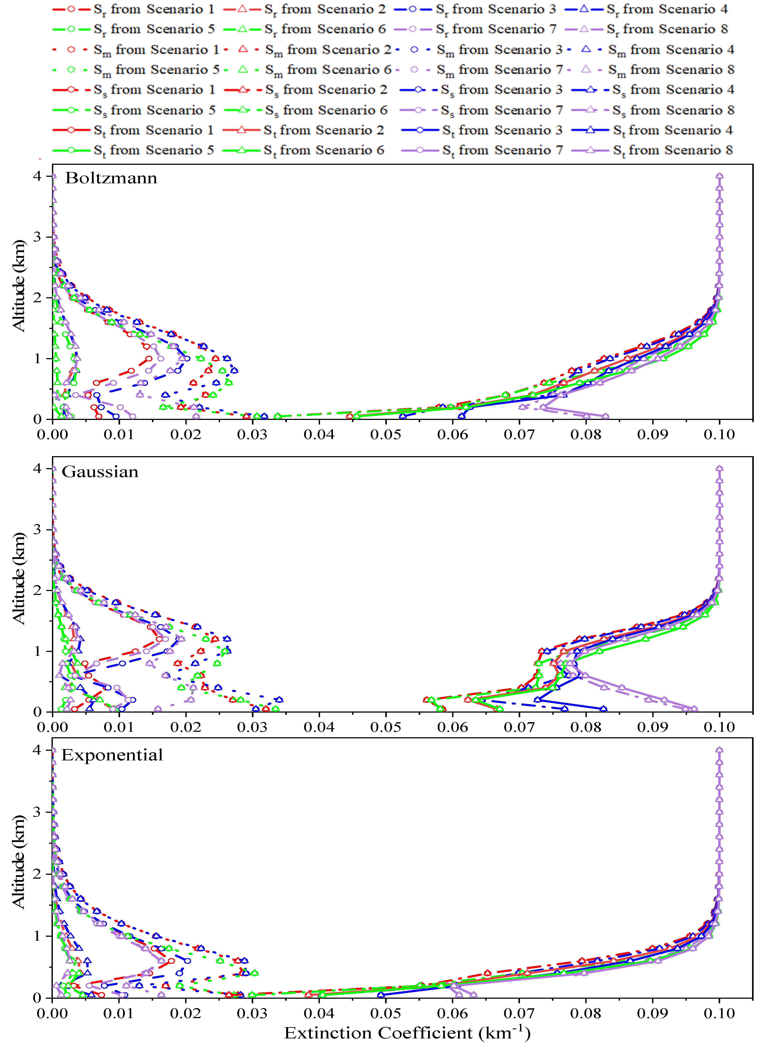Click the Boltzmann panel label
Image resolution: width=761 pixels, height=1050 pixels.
(111, 178)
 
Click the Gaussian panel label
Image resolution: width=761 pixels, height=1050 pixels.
(100, 472)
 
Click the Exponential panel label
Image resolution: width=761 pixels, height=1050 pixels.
(112, 755)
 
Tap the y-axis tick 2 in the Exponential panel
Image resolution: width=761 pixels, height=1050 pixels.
(37, 874)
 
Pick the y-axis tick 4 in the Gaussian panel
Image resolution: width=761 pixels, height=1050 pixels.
(37, 469)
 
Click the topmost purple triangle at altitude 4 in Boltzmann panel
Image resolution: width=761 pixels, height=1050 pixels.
(719, 176)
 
